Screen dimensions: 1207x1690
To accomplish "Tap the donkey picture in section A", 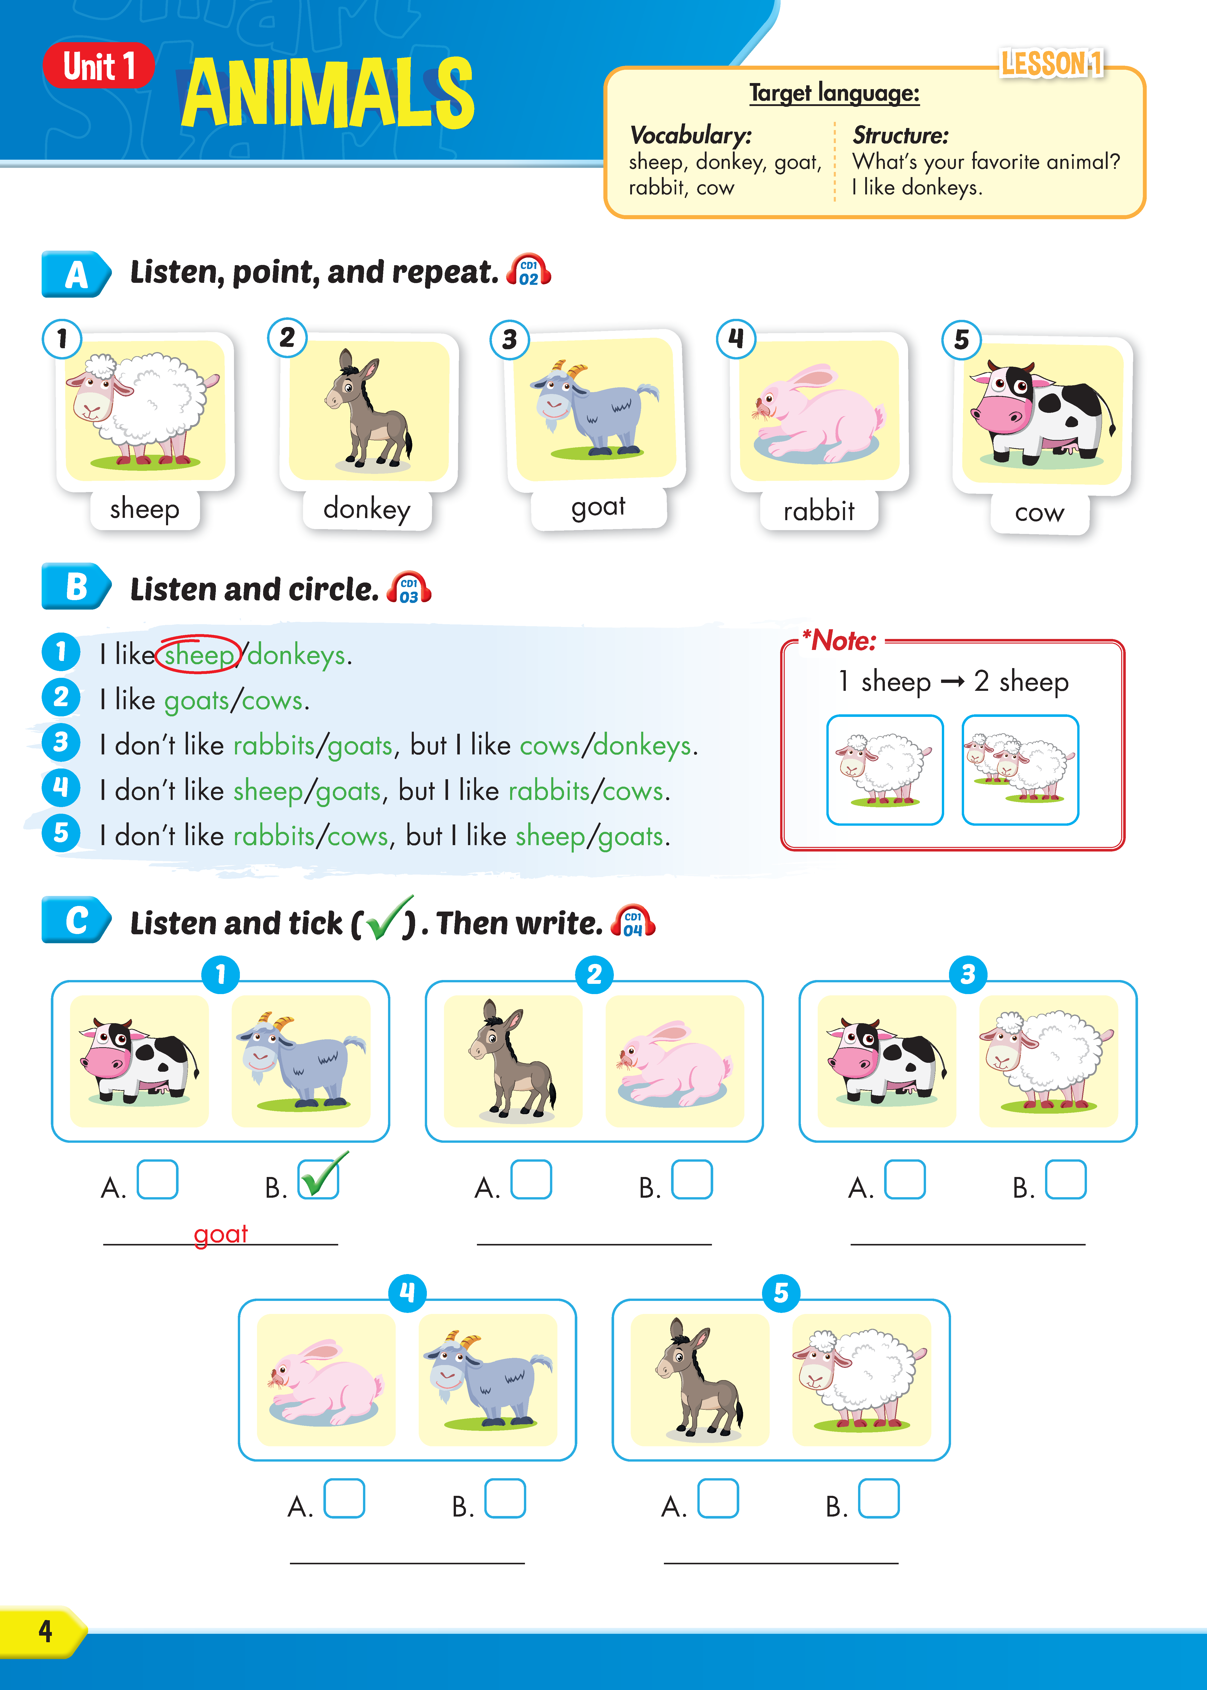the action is (x=369, y=410).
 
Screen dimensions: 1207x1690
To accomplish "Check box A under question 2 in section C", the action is (x=531, y=1180).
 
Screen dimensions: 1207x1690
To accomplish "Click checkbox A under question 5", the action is (x=718, y=1498).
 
